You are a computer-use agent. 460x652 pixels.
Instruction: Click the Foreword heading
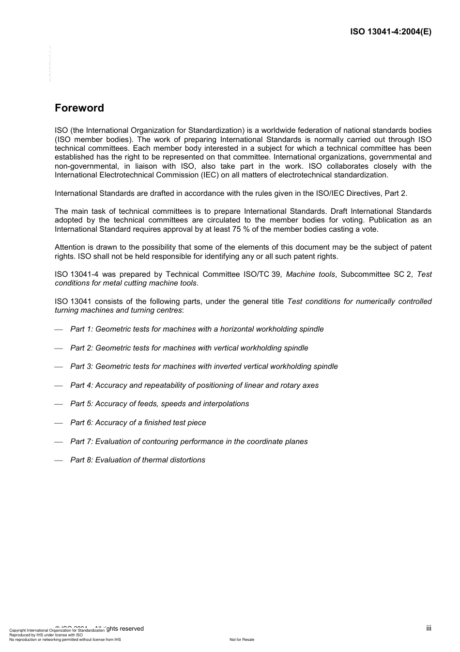pyautogui.click(x=79, y=108)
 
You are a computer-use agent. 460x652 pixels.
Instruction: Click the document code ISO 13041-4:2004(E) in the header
pyautogui.click(x=390, y=32)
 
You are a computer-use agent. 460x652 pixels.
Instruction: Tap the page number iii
pyautogui.click(x=429, y=628)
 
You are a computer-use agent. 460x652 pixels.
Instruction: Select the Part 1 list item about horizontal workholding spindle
pyautogui.click(x=197, y=329)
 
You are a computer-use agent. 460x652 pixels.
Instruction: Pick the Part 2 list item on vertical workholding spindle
pyautogui.click(x=189, y=348)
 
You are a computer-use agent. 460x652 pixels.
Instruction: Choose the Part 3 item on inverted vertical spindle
pyautogui.click(x=204, y=366)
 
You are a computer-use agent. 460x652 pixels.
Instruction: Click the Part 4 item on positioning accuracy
pyautogui.click(x=194, y=385)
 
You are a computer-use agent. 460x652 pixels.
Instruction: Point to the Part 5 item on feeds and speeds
pyautogui.click(x=159, y=404)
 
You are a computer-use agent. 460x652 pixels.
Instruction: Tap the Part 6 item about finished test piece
pyautogui.click(x=138, y=423)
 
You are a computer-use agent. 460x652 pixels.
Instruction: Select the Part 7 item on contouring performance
pyautogui.click(x=189, y=442)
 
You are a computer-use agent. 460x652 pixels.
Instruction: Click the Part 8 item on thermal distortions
pyautogui.click(x=138, y=460)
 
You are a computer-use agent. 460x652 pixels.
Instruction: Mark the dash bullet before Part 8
pyautogui.click(x=59, y=461)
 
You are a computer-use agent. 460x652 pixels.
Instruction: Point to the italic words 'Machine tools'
pyautogui.click(x=310, y=274)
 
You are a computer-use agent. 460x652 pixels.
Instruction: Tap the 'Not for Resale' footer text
pyautogui.click(x=242, y=639)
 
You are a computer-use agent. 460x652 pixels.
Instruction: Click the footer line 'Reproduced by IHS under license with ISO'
pyautogui.click(x=46, y=635)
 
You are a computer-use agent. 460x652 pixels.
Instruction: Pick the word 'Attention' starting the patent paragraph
pyautogui.click(x=70, y=247)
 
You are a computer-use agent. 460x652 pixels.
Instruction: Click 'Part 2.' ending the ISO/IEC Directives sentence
pyautogui.click(x=396, y=193)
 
